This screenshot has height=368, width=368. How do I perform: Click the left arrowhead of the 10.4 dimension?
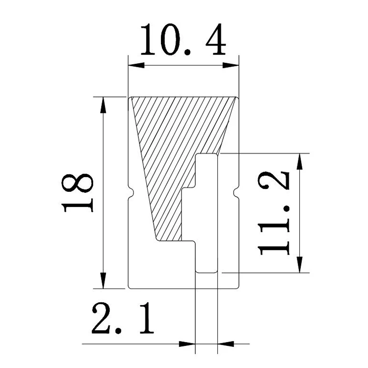tap(132, 65)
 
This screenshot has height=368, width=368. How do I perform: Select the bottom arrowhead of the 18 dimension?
tap(103, 284)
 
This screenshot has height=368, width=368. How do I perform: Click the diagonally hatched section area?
tap(177, 147)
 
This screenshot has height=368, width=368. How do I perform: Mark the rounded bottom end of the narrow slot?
tap(207, 270)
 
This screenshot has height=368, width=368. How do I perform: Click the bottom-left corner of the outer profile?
tap(129, 288)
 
